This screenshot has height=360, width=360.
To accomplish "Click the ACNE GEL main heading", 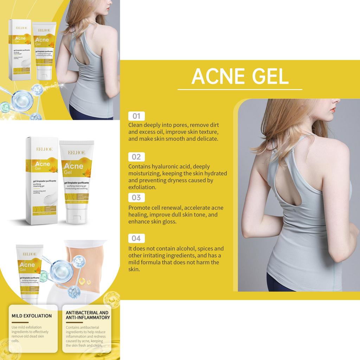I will [240, 76].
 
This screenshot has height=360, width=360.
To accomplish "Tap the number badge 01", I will [136, 116].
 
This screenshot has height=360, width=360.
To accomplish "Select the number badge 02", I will [136, 157].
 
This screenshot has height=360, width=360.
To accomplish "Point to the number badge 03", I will [136, 197].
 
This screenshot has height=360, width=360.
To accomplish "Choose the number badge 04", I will [136, 238].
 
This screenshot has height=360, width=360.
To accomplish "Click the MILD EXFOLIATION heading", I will [32, 316].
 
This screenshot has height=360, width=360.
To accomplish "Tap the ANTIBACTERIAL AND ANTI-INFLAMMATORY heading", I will [88, 315].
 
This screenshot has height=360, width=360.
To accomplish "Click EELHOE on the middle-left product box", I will [44, 149].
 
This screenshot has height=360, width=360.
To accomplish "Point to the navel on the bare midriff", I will [89, 282].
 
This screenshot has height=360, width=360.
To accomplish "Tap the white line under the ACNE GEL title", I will [240, 89].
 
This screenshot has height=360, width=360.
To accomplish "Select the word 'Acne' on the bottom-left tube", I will [27, 264].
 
